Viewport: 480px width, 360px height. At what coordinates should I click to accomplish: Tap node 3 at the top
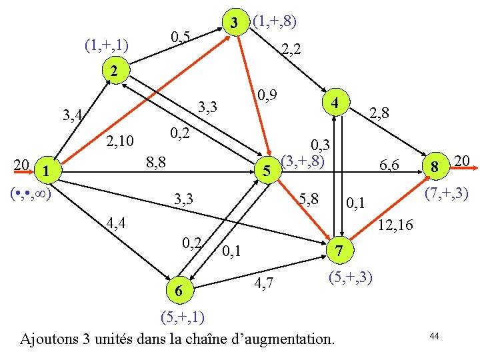click(x=233, y=22)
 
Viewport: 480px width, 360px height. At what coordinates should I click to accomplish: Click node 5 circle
click(x=266, y=172)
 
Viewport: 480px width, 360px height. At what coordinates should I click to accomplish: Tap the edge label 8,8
click(x=155, y=162)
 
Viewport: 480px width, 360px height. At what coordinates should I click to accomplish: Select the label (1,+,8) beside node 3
click(x=275, y=21)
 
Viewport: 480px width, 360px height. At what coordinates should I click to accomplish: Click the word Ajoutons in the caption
click(x=51, y=339)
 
